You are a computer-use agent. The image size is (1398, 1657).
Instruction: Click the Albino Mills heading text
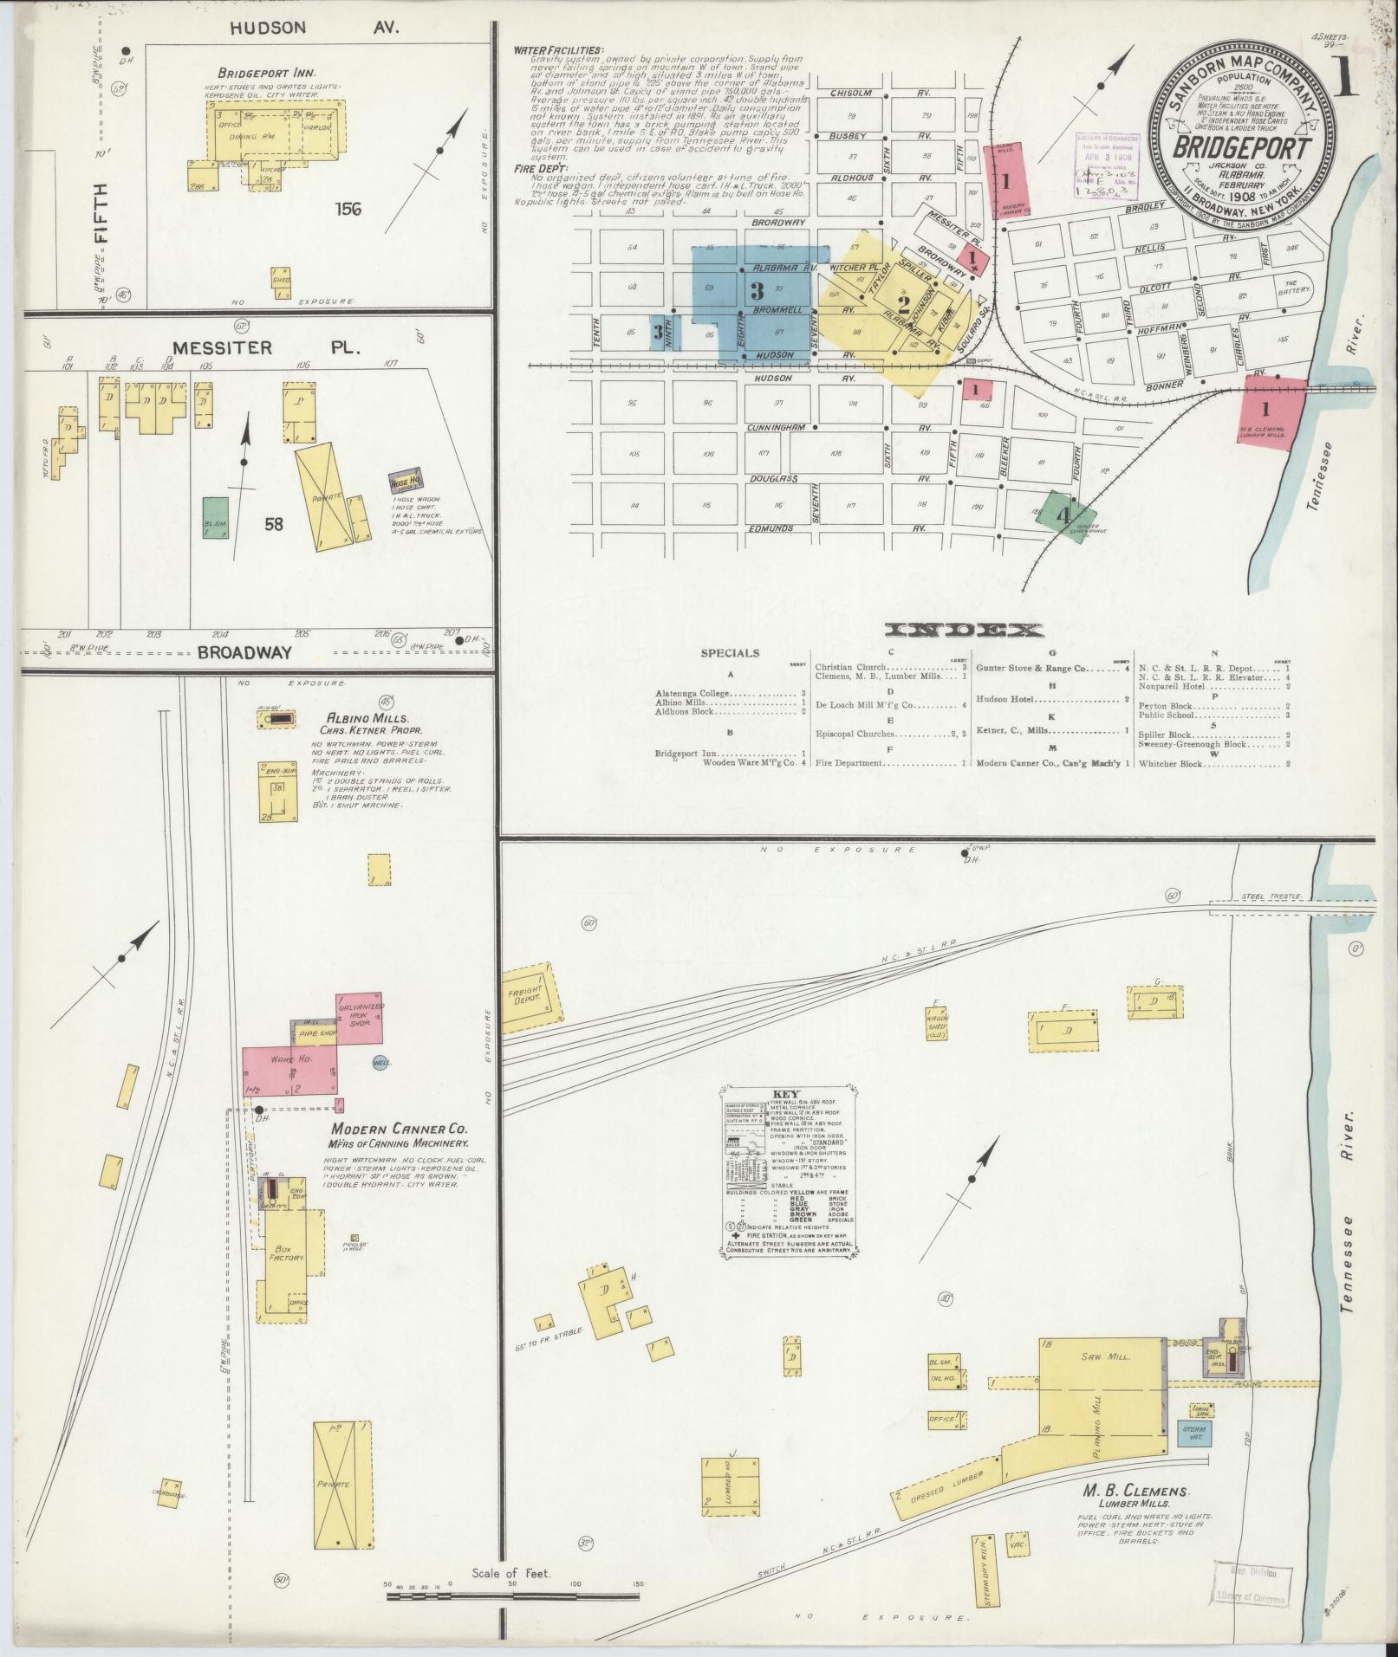pos(356,719)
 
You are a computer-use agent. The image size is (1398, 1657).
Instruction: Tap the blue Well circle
pos(380,1062)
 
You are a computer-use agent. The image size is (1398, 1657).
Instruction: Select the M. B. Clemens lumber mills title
pos(1135,1491)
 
